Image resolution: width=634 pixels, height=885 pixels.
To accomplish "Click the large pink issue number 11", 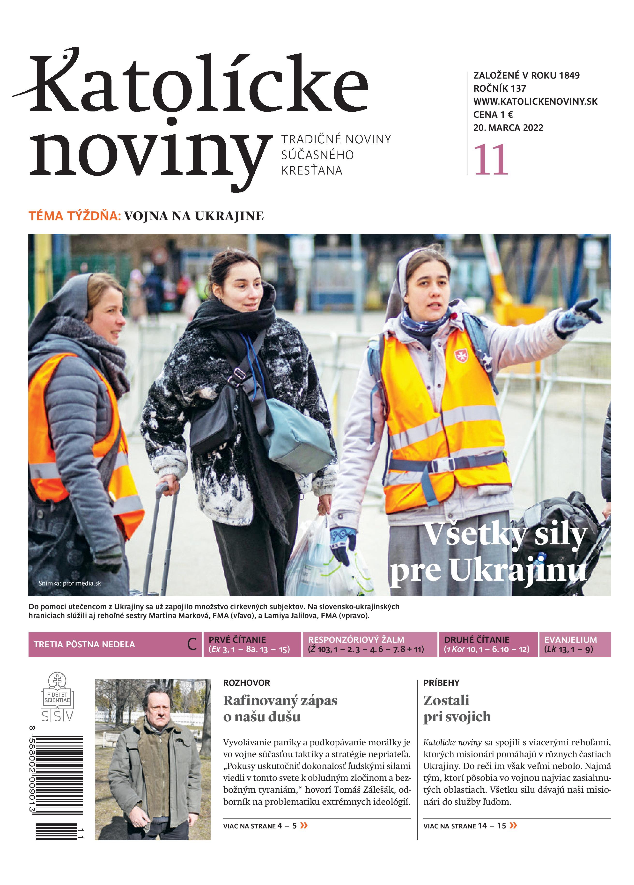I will coord(490,160).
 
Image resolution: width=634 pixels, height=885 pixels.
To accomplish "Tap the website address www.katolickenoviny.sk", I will coord(535,102).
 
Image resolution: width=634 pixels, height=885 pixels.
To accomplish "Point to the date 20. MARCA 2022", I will coord(508,128).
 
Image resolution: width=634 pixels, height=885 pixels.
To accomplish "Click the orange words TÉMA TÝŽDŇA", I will coord(74,216).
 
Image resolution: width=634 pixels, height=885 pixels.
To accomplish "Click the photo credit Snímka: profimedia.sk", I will coord(69,583).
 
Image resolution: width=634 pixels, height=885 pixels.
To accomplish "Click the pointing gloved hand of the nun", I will coord(578,316).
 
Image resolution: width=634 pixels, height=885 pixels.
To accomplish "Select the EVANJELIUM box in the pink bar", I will coord(575,644).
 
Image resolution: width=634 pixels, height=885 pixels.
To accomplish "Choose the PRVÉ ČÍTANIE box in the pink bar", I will coord(252,644).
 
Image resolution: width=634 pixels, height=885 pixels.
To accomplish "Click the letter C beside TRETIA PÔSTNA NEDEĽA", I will coord(192,644).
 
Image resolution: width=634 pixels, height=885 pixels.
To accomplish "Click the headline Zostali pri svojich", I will coord(457,709).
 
